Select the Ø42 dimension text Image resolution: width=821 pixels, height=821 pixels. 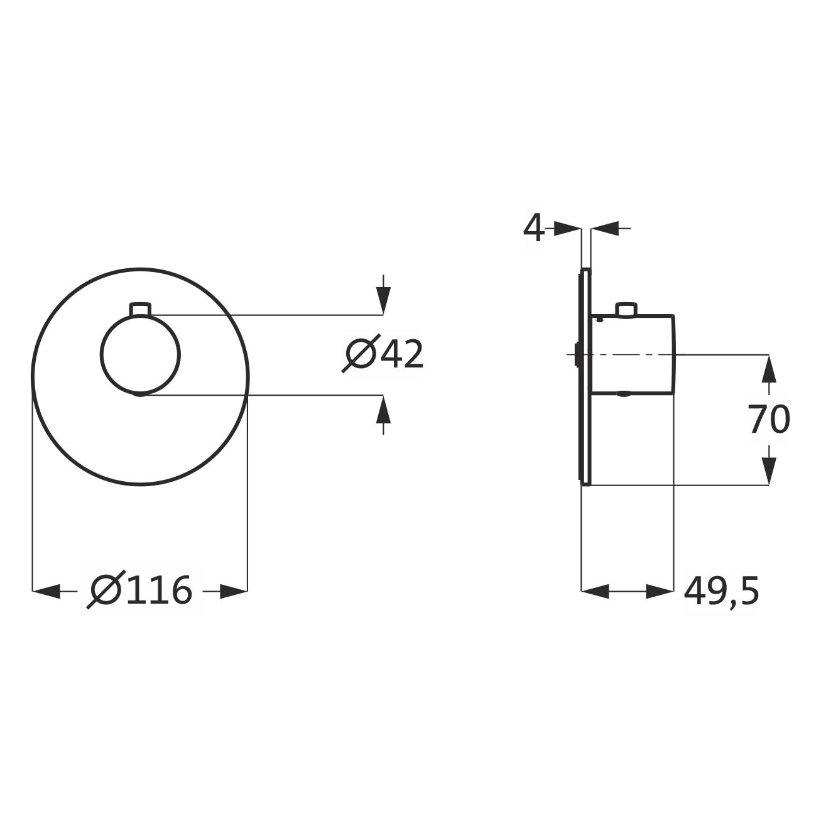click(x=383, y=354)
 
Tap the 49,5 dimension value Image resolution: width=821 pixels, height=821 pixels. click(x=721, y=591)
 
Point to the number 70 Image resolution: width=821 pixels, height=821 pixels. click(x=769, y=420)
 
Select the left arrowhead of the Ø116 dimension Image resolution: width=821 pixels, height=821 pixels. click(x=46, y=591)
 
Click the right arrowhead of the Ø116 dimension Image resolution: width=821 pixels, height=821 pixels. click(x=234, y=591)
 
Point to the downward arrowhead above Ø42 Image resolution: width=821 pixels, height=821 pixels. click(x=383, y=301)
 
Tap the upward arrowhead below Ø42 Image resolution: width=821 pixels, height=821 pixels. click(x=383, y=409)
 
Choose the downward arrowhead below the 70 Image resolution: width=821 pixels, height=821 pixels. click(x=769, y=470)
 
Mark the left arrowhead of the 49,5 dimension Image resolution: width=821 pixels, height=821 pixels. click(x=595, y=591)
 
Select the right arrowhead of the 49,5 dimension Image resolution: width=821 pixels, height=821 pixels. click(x=660, y=591)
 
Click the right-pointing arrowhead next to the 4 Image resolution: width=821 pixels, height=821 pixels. click(x=568, y=229)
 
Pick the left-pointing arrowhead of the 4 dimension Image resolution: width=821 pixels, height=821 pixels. click(x=604, y=229)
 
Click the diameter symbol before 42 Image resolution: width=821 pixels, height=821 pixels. click(x=361, y=354)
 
